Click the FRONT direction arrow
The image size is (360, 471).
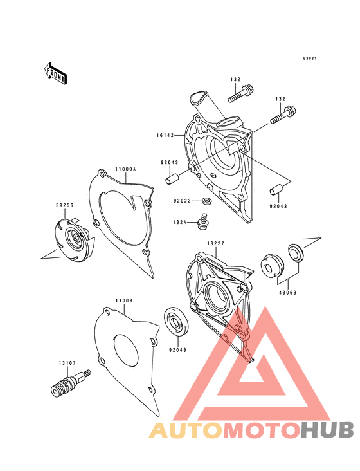click(x=55, y=73)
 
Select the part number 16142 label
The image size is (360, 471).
click(x=165, y=136)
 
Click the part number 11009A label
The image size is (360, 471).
click(x=125, y=169)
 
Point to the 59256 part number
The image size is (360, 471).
click(x=64, y=205)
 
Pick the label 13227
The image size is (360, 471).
click(x=215, y=243)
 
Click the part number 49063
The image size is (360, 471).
click(x=287, y=292)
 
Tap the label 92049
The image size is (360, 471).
click(x=177, y=350)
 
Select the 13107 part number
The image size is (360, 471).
click(x=67, y=363)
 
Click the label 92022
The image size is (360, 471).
click(x=182, y=201)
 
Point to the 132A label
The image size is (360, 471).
click(x=180, y=222)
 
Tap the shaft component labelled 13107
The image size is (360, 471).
click(x=70, y=383)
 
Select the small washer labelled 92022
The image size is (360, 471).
click(x=207, y=201)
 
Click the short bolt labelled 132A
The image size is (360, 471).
click(x=204, y=221)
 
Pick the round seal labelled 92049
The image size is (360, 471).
click(x=176, y=322)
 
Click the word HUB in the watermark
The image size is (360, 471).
click(x=327, y=430)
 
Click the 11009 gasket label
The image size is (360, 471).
click(x=124, y=300)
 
